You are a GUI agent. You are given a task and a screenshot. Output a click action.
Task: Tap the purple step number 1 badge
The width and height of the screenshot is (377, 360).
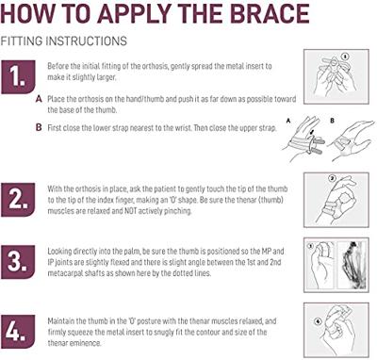(x=18, y=77)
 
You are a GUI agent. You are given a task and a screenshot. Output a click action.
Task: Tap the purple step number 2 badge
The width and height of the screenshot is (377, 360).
(x=18, y=200)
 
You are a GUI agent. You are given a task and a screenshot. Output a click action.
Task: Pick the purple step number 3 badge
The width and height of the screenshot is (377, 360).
(x=18, y=262)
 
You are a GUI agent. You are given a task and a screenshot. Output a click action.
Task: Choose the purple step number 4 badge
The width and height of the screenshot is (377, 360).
(x=18, y=332)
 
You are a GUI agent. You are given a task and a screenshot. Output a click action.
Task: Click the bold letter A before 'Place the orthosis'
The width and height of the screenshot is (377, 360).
(x=39, y=99)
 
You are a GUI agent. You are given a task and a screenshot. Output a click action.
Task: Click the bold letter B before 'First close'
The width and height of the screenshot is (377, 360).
(x=39, y=127)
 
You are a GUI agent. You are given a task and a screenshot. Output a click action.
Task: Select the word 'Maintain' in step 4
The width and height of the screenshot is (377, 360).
(x=61, y=321)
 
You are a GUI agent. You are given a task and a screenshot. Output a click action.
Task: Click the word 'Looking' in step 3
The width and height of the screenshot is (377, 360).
(x=59, y=252)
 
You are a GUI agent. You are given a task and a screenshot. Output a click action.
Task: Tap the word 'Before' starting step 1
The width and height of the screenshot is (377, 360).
(x=57, y=66)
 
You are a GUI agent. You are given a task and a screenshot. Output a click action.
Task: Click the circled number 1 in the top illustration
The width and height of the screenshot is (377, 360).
(x=345, y=57)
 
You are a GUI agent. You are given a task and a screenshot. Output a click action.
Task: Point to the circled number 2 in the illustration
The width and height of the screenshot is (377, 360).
(x=332, y=178)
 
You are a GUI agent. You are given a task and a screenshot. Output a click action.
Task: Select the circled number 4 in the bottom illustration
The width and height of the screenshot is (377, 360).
(x=319, y=321)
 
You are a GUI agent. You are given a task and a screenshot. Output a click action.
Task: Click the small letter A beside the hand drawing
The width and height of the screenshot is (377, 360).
(x=288, y=120)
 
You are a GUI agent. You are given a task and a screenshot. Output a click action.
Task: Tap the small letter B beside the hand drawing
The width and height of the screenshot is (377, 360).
(x=333, y=120)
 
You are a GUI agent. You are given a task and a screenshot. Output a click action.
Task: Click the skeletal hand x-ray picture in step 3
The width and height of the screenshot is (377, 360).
(x=352, y=265)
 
